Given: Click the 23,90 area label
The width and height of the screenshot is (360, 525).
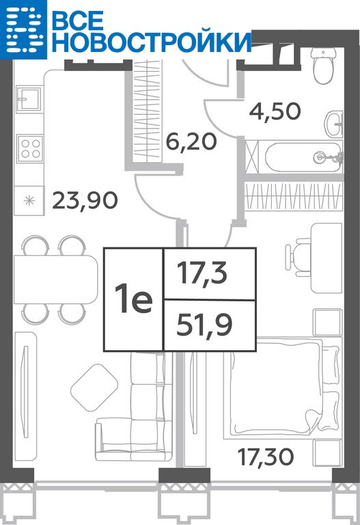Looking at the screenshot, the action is (85, 200).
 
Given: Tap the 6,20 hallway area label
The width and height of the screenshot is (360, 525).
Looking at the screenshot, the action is (192, 142).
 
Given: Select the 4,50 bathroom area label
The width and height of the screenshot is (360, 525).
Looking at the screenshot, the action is (275, 111).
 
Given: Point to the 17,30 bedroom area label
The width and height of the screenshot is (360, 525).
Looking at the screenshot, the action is (266, 457).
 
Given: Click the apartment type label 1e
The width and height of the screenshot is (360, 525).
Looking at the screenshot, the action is (133, 299).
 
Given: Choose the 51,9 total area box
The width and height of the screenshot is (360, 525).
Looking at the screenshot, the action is (210, 325).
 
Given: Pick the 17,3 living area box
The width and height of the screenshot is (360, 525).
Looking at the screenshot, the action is (210, 274).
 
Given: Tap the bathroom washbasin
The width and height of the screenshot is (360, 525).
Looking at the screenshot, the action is (334, 124).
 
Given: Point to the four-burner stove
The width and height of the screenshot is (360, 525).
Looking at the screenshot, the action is (30, 148).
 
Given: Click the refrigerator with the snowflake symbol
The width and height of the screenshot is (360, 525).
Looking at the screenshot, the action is (29, 200).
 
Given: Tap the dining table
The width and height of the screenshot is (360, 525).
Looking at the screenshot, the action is (55, 279).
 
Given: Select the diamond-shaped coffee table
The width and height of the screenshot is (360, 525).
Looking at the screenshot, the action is (94, 388).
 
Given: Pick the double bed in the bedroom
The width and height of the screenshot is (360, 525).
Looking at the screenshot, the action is (281, 388).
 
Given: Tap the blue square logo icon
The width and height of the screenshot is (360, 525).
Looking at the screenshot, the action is (23, 29).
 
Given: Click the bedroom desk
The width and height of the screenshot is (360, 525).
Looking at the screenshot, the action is (327, 258).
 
